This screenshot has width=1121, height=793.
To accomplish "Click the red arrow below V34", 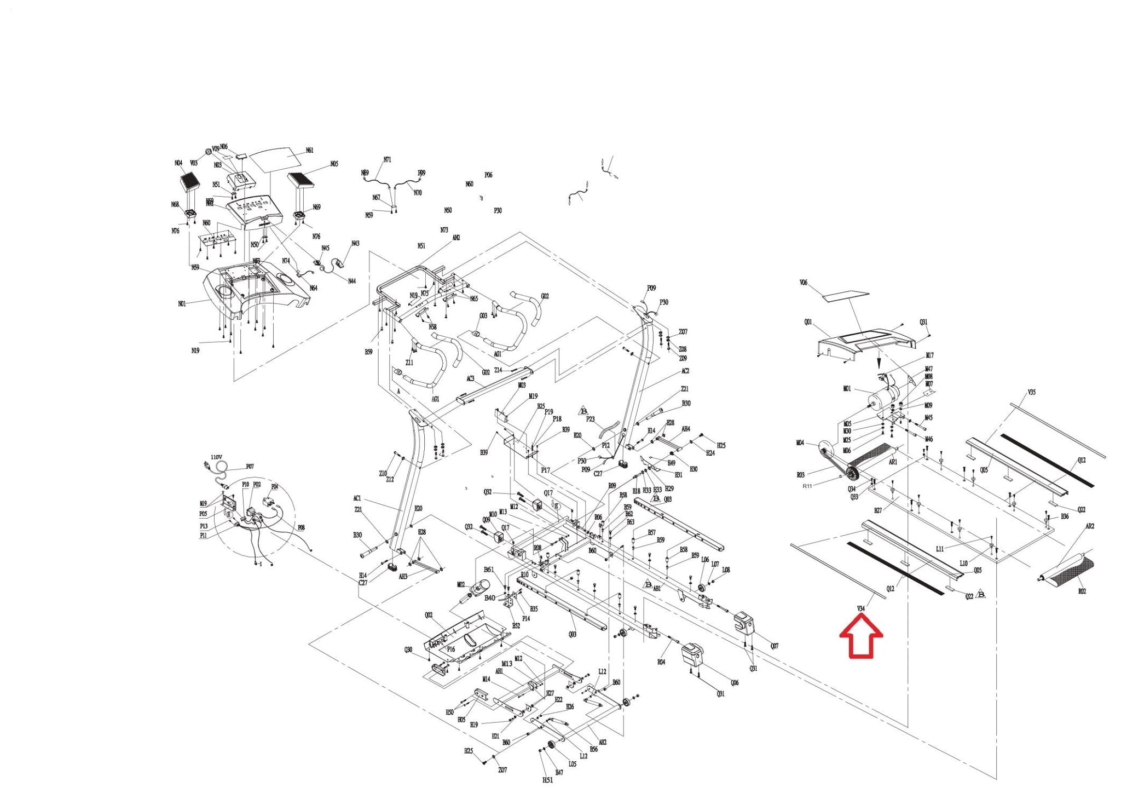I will [x=861, y=637].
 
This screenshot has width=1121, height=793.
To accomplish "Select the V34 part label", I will [x=860, y=608].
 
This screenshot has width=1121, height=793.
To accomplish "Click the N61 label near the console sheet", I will [x=310, y=151].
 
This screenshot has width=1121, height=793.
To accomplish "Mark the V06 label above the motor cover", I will [x=804, y=283].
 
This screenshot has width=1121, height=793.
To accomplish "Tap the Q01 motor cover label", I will [x=808, y=322].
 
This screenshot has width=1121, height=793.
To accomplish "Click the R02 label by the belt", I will [x=1082, y=591].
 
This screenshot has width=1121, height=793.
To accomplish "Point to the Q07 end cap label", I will [x=775, y=646].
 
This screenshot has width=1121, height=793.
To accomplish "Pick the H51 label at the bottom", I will [x=547, y=780].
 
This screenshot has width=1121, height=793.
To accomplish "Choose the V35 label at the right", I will [x=1031, y=392].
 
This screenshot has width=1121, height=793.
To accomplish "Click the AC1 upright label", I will [x=357, y=498].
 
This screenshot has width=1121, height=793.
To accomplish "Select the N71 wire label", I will [x=387, y=160].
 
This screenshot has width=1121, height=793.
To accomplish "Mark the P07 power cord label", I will [x=250, y=467].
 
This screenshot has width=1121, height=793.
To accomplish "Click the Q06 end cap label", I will [x=735, y=682].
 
